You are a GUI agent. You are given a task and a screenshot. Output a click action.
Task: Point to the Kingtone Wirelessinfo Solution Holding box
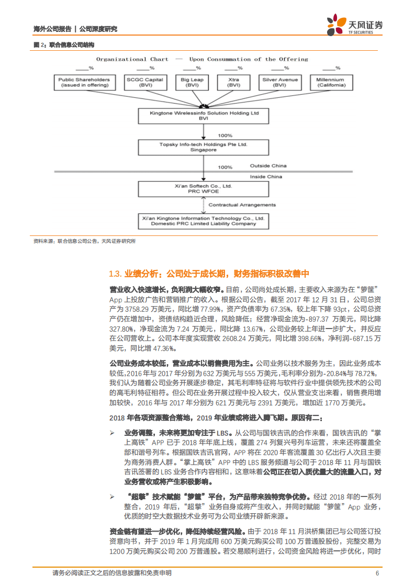coord(204,115)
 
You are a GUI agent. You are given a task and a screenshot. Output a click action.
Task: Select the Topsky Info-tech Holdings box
coord(204,146)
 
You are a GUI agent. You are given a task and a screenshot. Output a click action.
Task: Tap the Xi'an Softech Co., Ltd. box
coord(204,188)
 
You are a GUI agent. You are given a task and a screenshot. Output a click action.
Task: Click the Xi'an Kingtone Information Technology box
coord(204,220)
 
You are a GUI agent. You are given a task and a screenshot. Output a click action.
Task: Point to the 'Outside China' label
coord(268,165)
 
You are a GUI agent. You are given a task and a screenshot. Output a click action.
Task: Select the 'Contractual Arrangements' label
coord(242,205)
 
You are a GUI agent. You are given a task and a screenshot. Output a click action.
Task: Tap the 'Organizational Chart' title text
coord(132,59)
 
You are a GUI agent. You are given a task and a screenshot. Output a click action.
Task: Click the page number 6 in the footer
coord(377,573)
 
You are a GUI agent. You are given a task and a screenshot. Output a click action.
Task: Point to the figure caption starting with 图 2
coord(64,45)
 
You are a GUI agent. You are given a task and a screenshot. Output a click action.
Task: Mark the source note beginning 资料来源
coord(84,241)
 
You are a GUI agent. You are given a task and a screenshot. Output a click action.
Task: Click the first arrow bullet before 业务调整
coord(112,433)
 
